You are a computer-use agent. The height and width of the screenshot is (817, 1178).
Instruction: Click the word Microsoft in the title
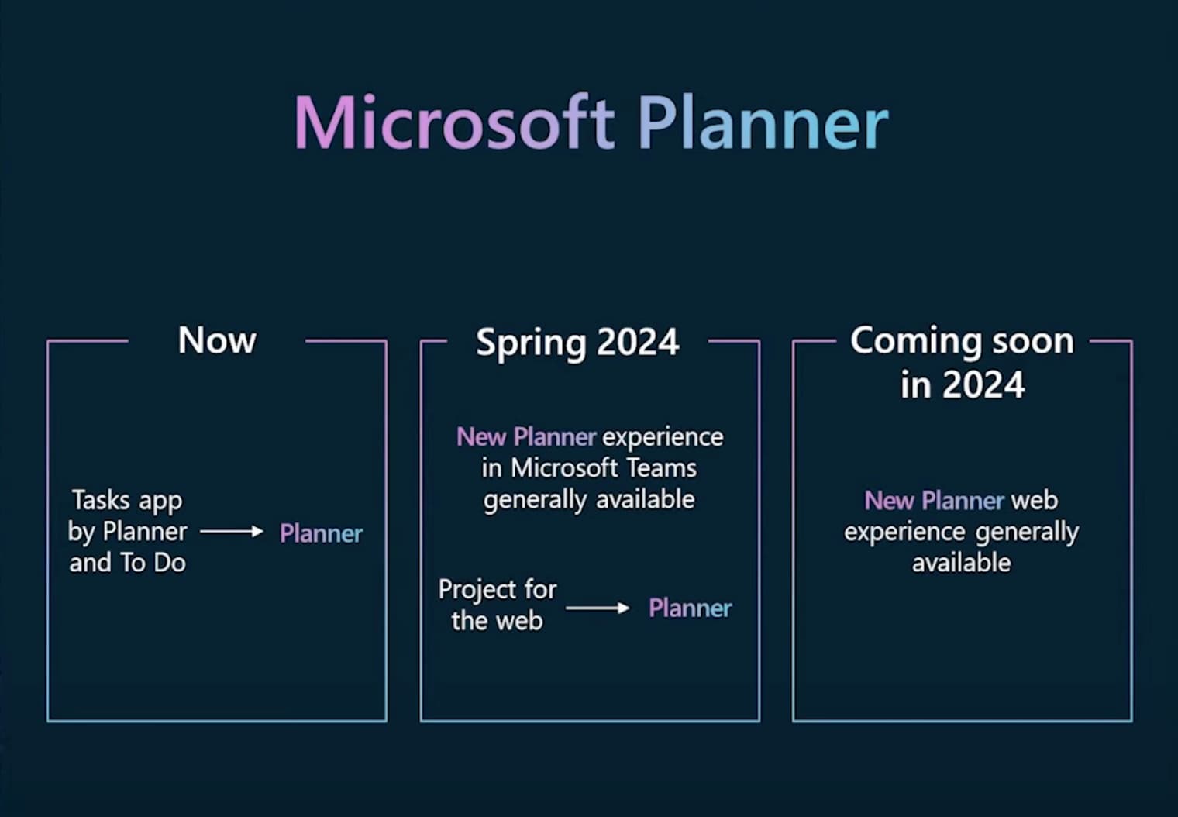coord(454,123)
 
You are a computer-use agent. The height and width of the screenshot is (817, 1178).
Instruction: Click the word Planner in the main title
coord(763,123)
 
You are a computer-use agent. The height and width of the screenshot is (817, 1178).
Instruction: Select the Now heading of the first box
coord(217,340)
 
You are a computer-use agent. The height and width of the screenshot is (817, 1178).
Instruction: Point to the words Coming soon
coord(962,340)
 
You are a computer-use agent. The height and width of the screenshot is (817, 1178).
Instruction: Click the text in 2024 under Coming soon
coord(962,384)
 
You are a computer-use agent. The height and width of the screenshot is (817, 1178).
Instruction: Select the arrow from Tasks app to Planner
coord(232,532)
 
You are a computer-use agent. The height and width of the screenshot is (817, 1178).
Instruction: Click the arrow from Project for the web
coord(598,608)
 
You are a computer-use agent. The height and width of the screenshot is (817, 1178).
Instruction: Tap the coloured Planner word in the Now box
coord(321,533)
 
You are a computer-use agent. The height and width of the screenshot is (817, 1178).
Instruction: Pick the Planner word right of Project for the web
coord(690,608)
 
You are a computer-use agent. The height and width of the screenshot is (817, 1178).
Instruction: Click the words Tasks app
coord(127,501)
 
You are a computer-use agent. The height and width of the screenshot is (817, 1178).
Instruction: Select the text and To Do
coord(127,563)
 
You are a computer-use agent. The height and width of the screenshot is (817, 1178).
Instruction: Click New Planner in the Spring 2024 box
coord(526,437)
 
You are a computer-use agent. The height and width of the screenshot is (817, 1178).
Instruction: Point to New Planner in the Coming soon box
coord(934,501)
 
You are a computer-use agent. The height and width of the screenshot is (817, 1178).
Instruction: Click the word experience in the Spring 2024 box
coord(663,438)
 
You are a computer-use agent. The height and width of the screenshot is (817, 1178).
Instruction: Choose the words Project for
coord(497,589)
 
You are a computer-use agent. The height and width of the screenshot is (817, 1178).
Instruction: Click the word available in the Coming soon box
coord(961,563)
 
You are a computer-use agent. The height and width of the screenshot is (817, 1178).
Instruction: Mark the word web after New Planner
coord(1034,501)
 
